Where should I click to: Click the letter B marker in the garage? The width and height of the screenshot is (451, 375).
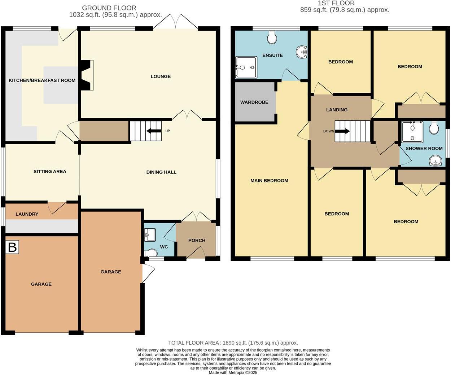pyautogui.click(x=12, y=247)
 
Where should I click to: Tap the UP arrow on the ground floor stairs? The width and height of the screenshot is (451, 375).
pyautogui.click(x=154, y=131)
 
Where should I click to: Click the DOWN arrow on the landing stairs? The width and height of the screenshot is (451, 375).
pyautogui.click(x=342, y=131)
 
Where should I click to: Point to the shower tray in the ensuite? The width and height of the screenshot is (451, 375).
pyautogui.click(x=246, y=67)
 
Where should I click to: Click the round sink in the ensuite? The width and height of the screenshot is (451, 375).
pyautogui.click(x=302, y=52)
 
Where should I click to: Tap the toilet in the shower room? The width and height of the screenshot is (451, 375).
pyautogui.click(x=434, y=127)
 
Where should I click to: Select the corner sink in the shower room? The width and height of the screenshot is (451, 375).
pyautogui.click(x=435, y=161)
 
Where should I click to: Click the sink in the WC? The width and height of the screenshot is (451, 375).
pyautogui.click(x=150, y=235)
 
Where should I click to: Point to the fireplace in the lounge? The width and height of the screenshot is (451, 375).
pyautogui.click(x=87, y=75)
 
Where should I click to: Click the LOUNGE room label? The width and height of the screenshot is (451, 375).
pyautogui.click(x=161, y=76)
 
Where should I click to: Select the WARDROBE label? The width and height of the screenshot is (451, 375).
pyautogui.click(x=254, y=102)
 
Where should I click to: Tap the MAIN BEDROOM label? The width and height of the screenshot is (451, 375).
pyautogui.click(x=269, y=181)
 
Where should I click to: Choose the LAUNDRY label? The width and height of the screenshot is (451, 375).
pyautogui.click(x=27, y=214)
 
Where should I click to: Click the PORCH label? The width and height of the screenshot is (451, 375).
pyautogui.click(x=197, y=241)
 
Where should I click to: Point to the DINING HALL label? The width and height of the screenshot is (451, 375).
pyautogui.click(x=161, y=172)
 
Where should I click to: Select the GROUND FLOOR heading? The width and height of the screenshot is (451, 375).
pyautogui.click(x=109, y=8)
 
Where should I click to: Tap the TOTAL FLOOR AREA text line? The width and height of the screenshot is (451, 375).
pyautogui.click(x=233, y=343)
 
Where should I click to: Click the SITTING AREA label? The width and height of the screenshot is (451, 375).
pyautogui.click(x=50, y=172)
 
